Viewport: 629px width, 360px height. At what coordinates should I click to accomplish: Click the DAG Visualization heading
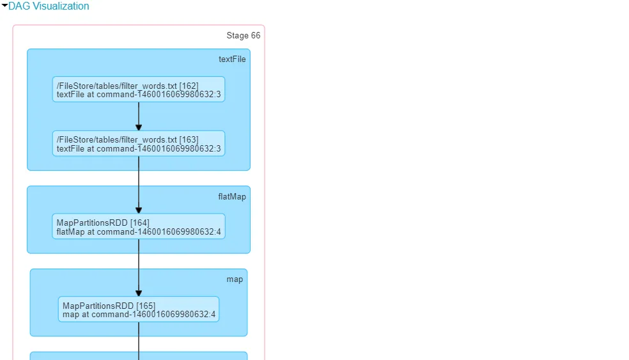[49, 6]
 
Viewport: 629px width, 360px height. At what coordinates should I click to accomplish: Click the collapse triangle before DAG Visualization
[4, 6]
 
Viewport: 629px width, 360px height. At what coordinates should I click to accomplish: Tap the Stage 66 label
[243, 36]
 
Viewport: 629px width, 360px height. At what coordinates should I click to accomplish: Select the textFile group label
[232, 59]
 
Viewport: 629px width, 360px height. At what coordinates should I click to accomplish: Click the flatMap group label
[231, 197]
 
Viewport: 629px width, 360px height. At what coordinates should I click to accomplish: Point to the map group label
[235, 279]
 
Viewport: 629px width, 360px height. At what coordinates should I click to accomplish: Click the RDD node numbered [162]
[139, 90]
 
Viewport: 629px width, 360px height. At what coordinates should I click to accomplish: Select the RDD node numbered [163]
[139, 144]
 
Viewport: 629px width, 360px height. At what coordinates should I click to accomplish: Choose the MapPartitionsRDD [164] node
[139, 226]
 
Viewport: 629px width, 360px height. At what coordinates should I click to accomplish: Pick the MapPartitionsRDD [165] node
[139, 309]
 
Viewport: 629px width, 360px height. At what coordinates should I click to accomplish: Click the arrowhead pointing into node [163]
[139, 127]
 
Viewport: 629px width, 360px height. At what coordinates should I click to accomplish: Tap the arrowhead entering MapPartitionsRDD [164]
[139, 210]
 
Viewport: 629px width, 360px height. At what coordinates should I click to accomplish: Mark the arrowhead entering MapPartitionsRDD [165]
[139, 293]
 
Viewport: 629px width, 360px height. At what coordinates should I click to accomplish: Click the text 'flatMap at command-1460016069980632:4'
[139, 231]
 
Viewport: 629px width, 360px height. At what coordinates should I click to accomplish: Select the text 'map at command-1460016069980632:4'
[139, 315]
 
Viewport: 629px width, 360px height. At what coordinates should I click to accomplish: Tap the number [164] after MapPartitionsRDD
[139, 223]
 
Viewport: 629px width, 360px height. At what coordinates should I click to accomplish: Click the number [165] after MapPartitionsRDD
[145, 306]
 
